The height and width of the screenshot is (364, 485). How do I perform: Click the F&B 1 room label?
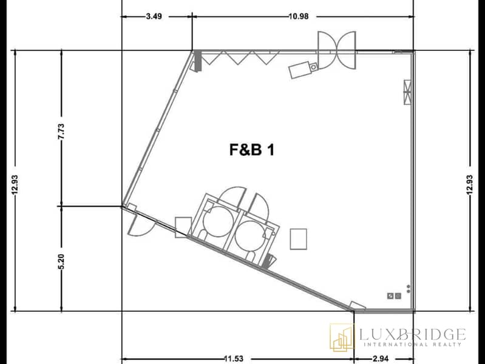252,150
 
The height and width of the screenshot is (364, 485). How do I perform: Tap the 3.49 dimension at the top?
154,16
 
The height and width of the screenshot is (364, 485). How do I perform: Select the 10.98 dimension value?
299,16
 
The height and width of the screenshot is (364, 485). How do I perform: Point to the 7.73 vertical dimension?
61,132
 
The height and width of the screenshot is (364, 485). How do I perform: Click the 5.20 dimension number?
61,261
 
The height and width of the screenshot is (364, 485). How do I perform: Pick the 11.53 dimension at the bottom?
234,359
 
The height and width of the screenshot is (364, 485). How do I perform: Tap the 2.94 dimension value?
381,359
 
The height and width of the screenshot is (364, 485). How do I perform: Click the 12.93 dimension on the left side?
15,185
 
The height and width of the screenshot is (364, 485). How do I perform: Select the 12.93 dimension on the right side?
470,185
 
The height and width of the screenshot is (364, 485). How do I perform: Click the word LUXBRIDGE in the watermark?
412,334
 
